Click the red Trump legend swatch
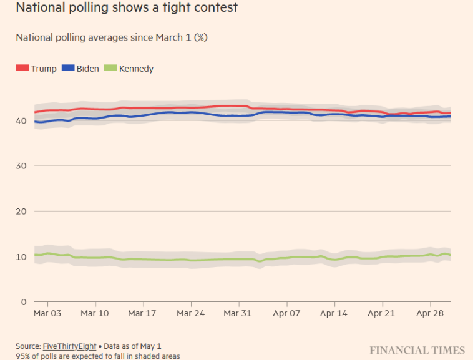pyautogui.click(x=22, y=68)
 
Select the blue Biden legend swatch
pyautogui.click(x=68, y=68)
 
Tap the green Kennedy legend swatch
pyautogui.click(x=110, y=68)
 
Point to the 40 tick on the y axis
pyautogui.click(x=21, y=120)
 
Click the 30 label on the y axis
pyautogui.click(x=21, y=165)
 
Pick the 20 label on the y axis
pyautogui.click(x=21, y=211)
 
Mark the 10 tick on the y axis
pyautogui.click(x=21, y=256)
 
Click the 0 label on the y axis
pyautogui.click(x=24, y=302)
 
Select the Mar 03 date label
pyautogui.click(x=47, y=313)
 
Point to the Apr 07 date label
pyautogui.click(x=287, y=313)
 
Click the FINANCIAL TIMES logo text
pyautogui.click(x=417, y=350)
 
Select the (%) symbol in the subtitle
pyautogui.click(x=200, y=37)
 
